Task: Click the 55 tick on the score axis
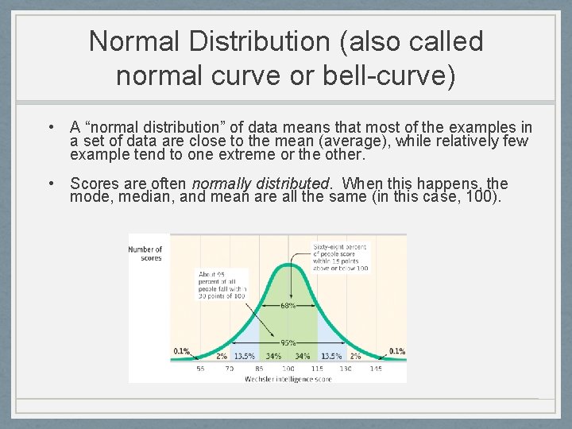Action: point(200,369)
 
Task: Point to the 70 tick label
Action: point(228,369)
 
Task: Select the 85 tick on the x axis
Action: point(259,369)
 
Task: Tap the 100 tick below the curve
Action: point(288,369)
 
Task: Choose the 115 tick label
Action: point(316,369)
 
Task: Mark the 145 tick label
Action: point(375,369)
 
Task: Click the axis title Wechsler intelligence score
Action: point(288,379)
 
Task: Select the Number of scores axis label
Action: point(145,253)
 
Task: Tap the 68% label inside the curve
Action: point(288,305)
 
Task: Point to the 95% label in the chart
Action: point(288,343)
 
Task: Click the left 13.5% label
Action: point(244,356)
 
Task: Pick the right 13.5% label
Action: point(331,356)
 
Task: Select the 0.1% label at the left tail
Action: point(182,351)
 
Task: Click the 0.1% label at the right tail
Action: point(396,351)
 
